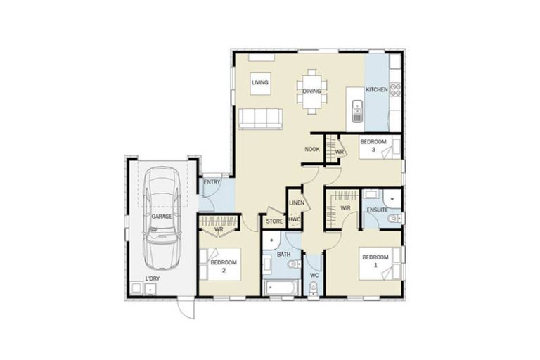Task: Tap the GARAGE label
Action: pos(162,217)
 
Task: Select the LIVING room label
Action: pos(260,84)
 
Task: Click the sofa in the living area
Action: pos(260,119)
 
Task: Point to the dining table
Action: pos(312,91)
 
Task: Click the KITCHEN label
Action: pos(376,90)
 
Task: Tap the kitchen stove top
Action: pos(395,90)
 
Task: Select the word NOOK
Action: pos(313,149)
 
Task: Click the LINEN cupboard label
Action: pos(296,204)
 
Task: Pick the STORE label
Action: pos(274,221)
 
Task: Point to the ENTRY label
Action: pos(212,183)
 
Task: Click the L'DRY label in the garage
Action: pos(152,280)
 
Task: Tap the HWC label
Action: pos(295,219)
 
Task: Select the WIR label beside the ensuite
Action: pos(345,208)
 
